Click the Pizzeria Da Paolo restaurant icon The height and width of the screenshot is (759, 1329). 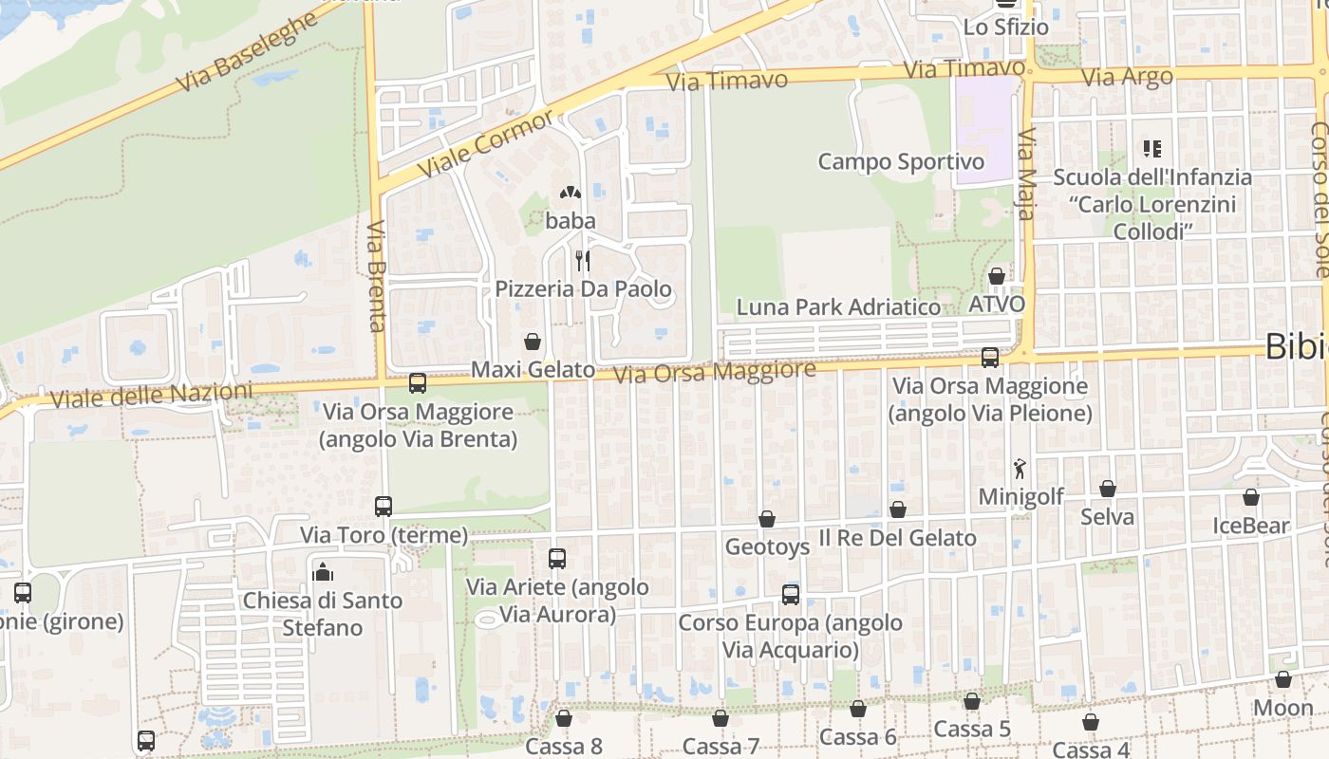(582, 260)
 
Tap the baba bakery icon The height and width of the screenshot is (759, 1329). (570, 194)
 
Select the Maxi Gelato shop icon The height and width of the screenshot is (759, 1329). (533, 342)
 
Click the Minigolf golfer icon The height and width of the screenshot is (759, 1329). (1020, 468)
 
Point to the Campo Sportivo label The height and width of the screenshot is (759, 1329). (901, 161)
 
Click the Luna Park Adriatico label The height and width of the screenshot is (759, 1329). (838, 307)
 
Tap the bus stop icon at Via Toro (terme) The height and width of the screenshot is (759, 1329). (384, 506)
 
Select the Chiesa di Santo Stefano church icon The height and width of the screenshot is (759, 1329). (323, 572)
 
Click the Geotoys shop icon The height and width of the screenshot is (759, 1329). (767, 519)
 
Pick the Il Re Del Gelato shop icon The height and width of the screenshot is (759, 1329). (898, 510)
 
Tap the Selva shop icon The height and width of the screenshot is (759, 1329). (1107, 489)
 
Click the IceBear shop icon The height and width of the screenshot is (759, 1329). (1251, 497)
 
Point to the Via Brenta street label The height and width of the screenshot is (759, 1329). (377, 276)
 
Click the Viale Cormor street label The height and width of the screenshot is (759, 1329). (484, 143)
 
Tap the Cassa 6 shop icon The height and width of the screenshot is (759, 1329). (858, 709)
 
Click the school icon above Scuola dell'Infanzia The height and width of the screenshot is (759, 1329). (1152, 148)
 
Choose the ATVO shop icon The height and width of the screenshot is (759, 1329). (997, 276)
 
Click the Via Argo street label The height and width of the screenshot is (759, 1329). (1128, 77)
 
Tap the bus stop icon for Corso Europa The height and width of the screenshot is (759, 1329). (791, 595)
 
